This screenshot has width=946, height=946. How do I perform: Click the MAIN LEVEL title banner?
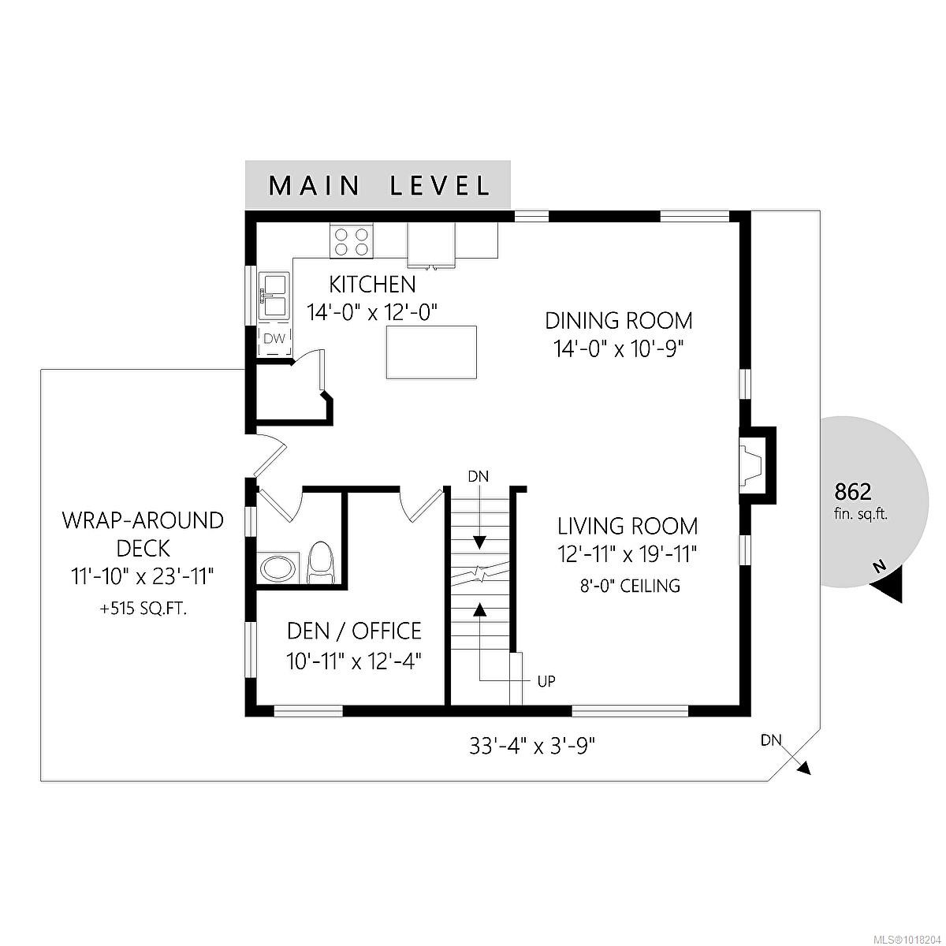(378, 185)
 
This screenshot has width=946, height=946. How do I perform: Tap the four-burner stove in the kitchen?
(351, 241)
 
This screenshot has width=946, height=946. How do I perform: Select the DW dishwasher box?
(274, 339)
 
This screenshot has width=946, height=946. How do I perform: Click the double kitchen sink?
(273, 294)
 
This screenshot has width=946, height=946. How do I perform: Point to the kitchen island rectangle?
(431, 352)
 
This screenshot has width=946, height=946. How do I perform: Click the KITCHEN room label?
(372, 284)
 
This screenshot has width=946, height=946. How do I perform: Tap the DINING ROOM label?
(619, 321)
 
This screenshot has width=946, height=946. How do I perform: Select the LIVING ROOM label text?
(628, 526)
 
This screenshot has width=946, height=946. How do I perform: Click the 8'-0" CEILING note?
(628, 586)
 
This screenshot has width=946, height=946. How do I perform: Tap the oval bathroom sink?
(278, 568)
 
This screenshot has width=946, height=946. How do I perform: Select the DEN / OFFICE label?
(354, 631)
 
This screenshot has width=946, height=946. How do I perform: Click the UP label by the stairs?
(546, 682)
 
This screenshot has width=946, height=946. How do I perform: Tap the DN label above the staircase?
(479, 476)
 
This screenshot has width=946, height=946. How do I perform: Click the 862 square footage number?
(853, 493)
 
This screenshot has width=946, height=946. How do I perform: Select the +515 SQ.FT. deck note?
(143, 608)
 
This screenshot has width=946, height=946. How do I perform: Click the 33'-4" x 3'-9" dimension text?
(532, 746)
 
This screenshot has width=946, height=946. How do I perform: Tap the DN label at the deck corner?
(771, 740)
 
